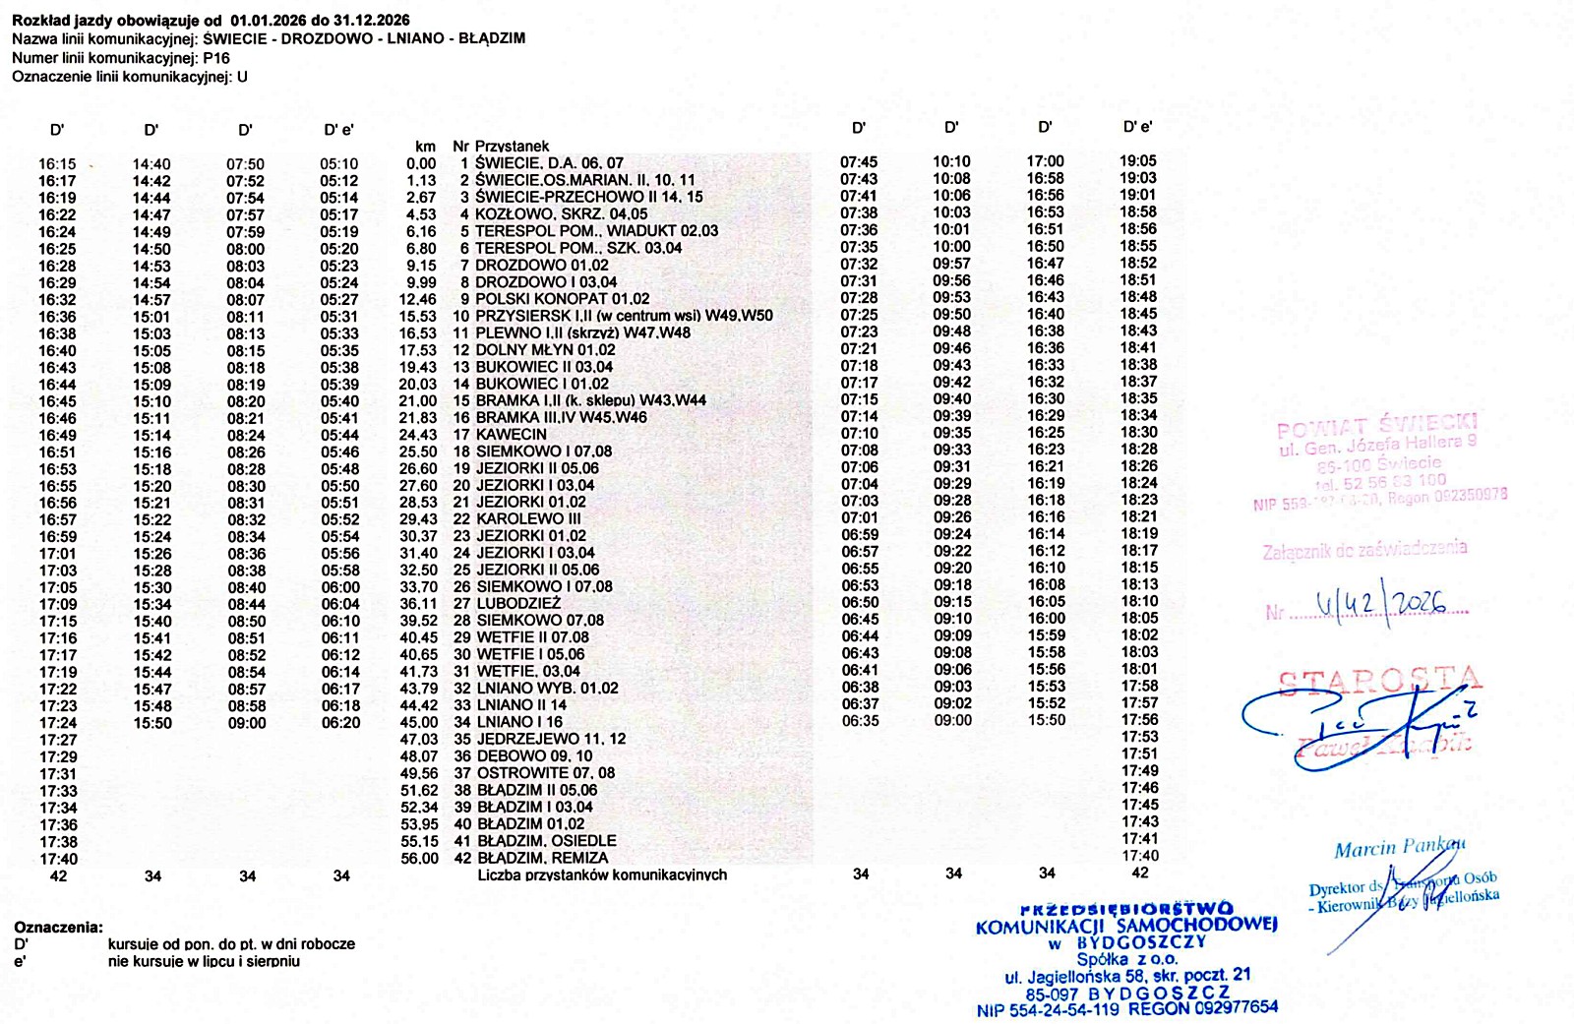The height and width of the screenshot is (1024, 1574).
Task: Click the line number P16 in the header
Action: tap(216, 58)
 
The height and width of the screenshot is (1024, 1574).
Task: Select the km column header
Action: tap(425, 146)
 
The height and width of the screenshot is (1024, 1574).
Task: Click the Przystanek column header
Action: tap(512, 146)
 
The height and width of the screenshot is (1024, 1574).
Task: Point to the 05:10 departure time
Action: tap(339, 164)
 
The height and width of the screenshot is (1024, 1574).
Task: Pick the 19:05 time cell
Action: tap(1138, 161)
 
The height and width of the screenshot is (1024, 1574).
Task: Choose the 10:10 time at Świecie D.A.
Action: tap(951, 161)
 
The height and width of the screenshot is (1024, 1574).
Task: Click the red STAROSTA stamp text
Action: tap(1380, 681)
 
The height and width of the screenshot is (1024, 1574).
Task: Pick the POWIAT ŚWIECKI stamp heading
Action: tap(1377, 427)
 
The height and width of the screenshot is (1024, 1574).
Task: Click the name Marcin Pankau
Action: tap(1400, 848)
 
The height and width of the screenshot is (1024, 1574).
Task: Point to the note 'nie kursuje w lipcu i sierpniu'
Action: tap(204, 961)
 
